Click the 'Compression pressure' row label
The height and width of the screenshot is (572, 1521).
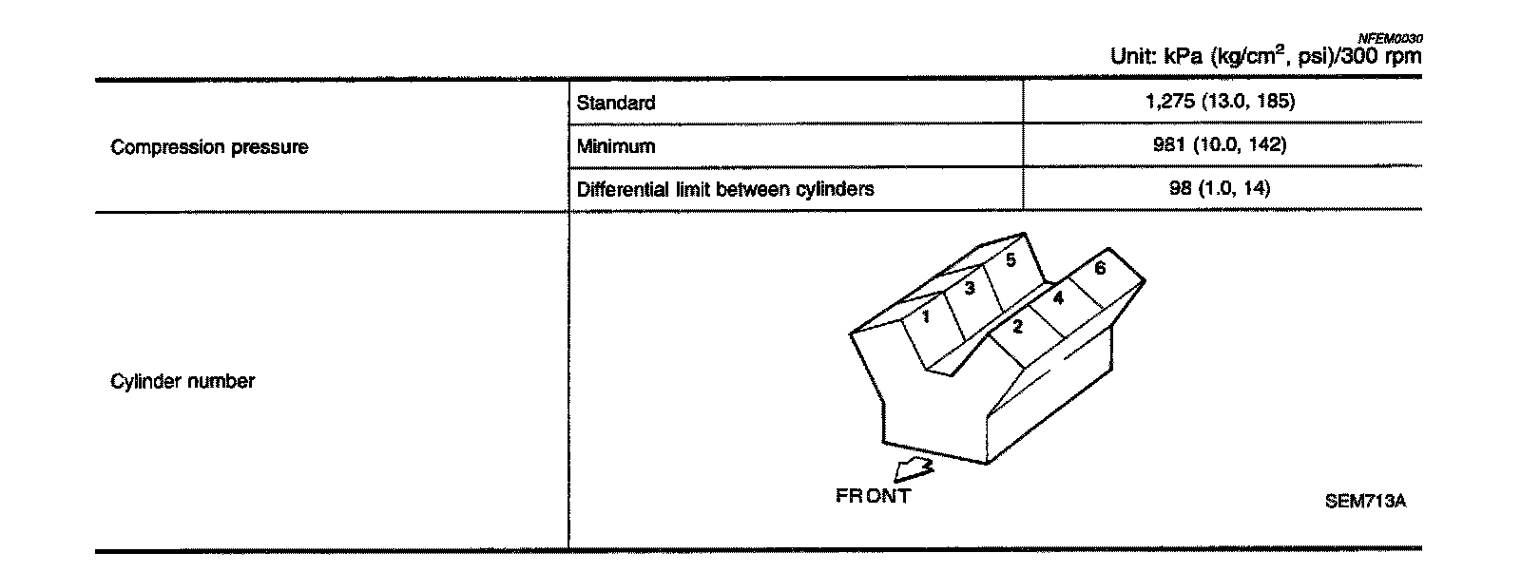209,147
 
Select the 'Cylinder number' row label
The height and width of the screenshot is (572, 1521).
183,381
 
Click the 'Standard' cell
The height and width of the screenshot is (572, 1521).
616,103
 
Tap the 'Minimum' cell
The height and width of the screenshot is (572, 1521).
616,146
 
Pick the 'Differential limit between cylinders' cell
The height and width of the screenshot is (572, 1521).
725,189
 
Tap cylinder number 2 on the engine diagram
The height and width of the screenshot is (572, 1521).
1017,328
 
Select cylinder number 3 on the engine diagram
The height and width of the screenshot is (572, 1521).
970,289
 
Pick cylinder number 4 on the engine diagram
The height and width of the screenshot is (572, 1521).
1058,297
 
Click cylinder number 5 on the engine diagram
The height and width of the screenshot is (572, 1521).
1011,259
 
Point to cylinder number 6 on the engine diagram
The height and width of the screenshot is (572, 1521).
1100,268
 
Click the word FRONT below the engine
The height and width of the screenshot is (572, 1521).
873,496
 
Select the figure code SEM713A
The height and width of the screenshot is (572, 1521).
1365,502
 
